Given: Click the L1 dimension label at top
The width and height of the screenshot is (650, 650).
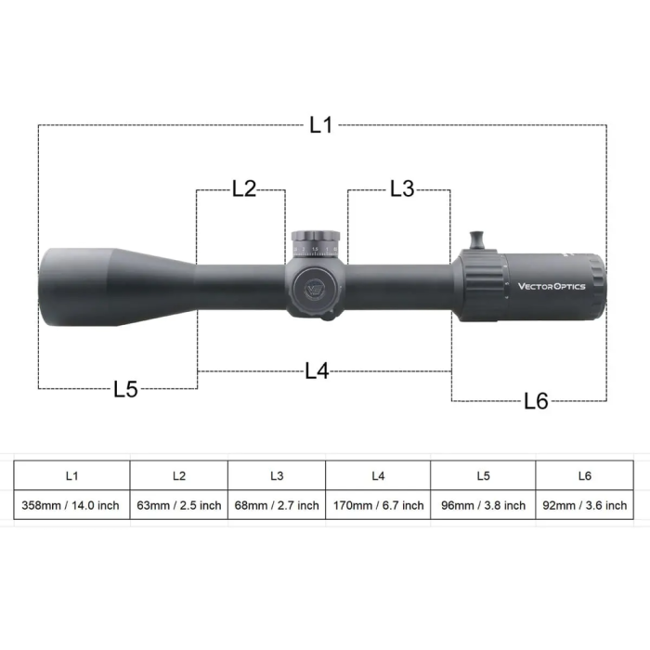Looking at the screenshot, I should coord(321,125).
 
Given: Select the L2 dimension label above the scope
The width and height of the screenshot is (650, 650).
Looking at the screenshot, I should coord(243,188).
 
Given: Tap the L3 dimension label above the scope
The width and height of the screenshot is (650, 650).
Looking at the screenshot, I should coord(401,188).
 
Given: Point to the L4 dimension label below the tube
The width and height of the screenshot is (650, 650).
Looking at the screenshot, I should coord(317,371).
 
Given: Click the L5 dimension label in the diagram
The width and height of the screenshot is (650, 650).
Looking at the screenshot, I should coord(125,389).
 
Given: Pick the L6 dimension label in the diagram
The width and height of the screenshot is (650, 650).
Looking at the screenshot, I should coord(536,401).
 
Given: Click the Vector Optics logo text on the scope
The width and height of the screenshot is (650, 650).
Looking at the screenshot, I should coord(552,286).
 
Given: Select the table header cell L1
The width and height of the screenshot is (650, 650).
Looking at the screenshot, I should coord(71,475).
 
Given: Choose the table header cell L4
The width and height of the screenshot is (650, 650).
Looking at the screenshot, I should coord(378,475).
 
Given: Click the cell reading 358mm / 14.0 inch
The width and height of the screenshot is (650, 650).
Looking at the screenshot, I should coord(71,505).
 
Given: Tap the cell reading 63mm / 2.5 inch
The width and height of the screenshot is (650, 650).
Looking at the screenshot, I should coord(179,505).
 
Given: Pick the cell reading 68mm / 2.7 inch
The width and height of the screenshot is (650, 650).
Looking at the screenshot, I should coord(277,505).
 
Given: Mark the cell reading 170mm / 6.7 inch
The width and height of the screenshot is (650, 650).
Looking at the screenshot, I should coord(378,505).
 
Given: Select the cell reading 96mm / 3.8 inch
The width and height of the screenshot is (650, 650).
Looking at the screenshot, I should coord(483,505).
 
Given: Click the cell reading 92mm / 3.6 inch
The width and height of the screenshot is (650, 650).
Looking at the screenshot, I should coord(584,505).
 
